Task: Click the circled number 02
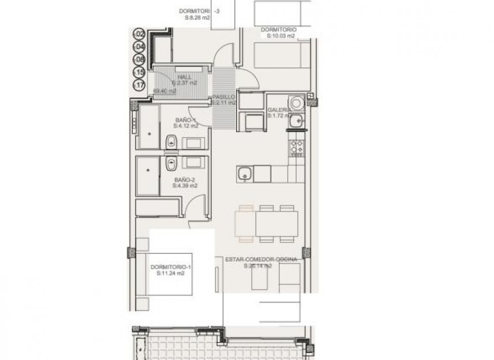tap(139, 35)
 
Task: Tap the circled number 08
tap(139, 60)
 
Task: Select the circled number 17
tap(139, 85)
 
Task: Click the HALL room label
tap(185, 77)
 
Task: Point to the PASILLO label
tap(223, 97)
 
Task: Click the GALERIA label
tap(279, 110)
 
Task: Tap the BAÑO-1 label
tap(186, 119)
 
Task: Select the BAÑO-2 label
tap(186, 179)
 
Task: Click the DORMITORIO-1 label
tap(170, 267)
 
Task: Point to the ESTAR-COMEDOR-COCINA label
tap(261, 260)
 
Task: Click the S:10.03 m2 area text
tap(280, 36)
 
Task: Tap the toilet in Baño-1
tap(171, 141)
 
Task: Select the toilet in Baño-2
tap(171, 164)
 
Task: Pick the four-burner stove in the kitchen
tap(297, 147)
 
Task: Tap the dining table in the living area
tap(267, 223)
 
